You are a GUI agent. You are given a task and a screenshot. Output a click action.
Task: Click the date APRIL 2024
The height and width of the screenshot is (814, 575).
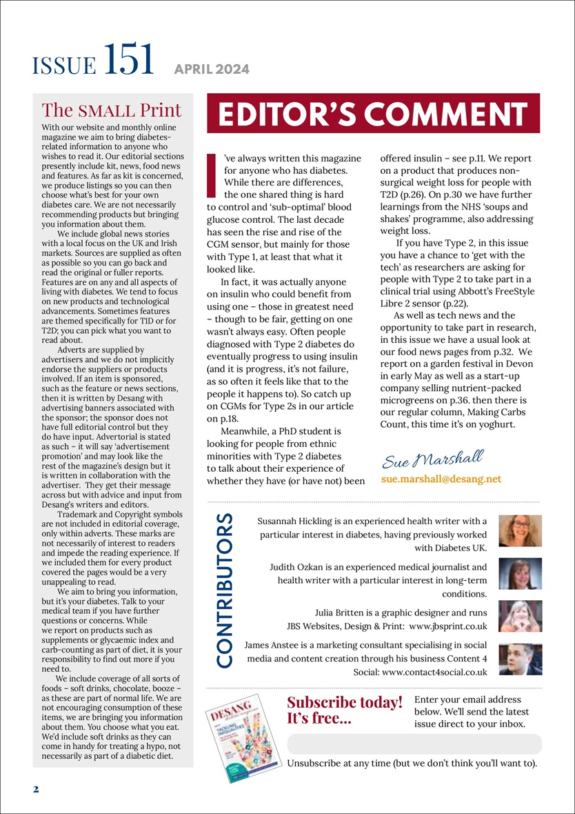point(212,69)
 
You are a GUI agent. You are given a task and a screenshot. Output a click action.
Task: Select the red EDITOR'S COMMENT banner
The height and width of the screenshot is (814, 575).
point(373,113)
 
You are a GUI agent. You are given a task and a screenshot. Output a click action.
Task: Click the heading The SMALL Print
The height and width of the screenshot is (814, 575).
point(112,110)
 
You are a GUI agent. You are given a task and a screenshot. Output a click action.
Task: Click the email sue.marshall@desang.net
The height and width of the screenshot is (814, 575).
point(441,478)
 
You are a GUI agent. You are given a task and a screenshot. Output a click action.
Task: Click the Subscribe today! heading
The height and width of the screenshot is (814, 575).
point(344,702)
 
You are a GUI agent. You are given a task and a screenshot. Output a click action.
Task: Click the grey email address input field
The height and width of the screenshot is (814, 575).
point(414,744)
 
